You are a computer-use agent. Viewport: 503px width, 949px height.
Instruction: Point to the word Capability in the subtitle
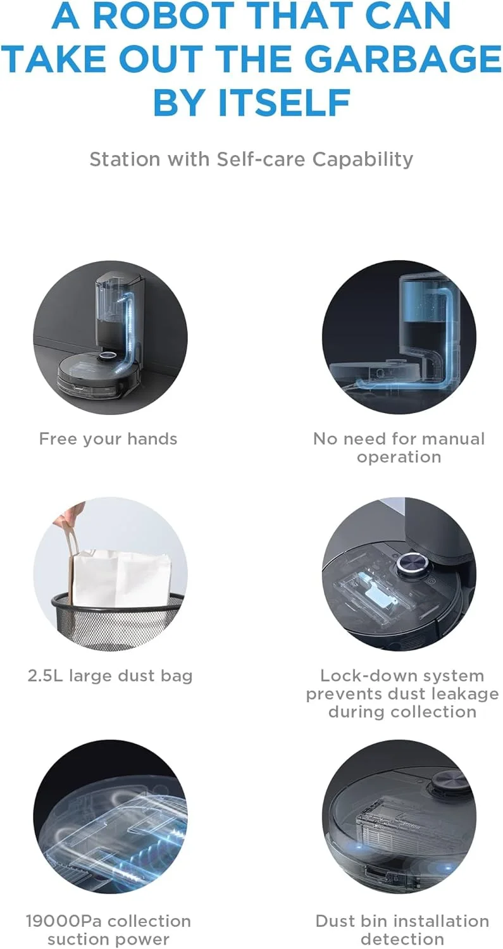363,160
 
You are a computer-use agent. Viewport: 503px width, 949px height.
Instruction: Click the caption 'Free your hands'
108,439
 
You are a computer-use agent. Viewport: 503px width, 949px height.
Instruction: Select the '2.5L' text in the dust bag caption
45,675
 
